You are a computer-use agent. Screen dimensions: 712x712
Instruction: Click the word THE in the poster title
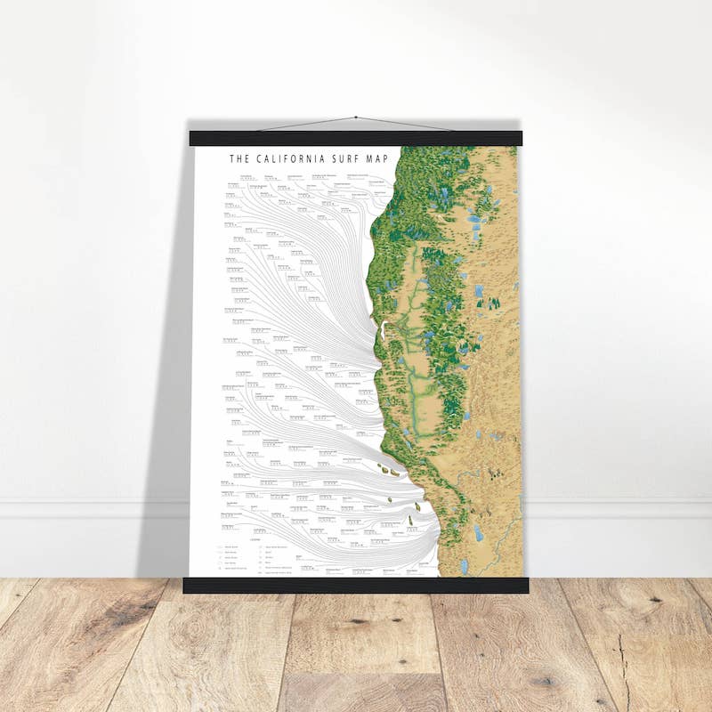[238, 159]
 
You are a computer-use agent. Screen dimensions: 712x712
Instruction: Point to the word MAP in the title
[378, 159]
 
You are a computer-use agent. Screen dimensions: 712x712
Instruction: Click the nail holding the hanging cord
[355, 117]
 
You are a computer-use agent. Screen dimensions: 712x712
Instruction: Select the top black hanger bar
[355, 139]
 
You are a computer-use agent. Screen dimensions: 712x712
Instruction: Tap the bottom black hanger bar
[355, 585]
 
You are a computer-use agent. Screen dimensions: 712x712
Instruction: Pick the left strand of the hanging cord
[307, 124]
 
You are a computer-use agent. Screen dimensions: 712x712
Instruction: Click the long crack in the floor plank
[622, 667]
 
